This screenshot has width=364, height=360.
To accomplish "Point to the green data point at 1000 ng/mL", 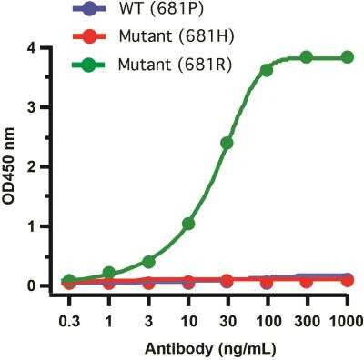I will click(346, 57).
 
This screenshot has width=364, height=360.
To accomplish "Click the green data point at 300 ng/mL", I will click(307, 57).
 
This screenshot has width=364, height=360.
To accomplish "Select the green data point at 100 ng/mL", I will click(267, 70).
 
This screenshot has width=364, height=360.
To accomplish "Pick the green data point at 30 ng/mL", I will click(227, 143).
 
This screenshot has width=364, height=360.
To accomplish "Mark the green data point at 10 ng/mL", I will click(188, 224).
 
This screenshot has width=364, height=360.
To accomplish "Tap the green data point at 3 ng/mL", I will click(148, 262).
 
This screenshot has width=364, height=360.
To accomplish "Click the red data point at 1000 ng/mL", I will click(346, 281).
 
